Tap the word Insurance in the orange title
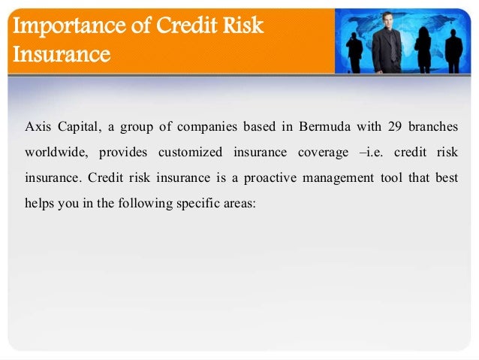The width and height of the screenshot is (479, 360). click(59, 54)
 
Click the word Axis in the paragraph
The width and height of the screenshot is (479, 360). click(38, 125)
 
